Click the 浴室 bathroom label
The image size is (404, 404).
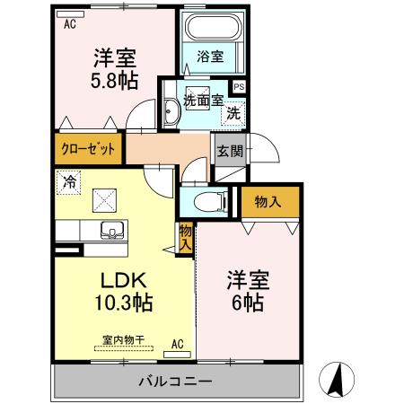(211, 57)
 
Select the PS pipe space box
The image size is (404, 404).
(239, 86)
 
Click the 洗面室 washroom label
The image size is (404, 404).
(203, 101)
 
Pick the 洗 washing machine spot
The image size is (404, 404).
(233, 114)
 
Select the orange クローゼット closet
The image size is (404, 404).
(88, 149)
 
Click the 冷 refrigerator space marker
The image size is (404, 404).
(69, 180)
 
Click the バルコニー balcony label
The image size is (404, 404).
(175, 382)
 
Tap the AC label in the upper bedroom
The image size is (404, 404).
(69, 24)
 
